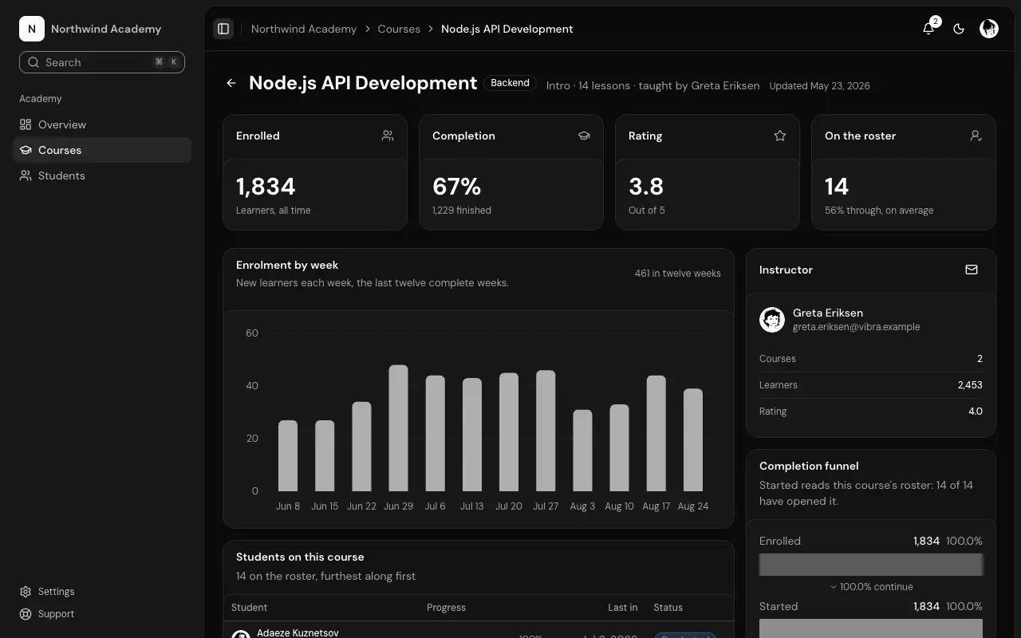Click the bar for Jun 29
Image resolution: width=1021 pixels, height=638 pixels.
pyautogui.click(x=398, y=428)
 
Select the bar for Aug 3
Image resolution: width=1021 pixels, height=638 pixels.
pyautogui.click(x=582, y=451)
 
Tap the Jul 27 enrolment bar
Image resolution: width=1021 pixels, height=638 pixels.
pyautogui.click(x=546, y=431)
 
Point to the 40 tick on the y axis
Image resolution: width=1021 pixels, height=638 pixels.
pyautogui.click(x=252, y=385)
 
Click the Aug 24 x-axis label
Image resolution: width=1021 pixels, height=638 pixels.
pyautogui.click(x=693, y=506)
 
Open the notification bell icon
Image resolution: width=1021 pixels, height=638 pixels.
pyautogui.click(x=928, y=29)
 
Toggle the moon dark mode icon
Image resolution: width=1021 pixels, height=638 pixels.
pyautogui.click(x=959, y=30)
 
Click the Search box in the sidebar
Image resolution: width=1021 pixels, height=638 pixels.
pyautogui.click(x=102, y=62)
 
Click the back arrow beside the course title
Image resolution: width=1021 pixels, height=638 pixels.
pyautogui.click(x=231, y=83)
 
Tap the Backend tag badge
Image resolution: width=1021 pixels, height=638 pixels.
pyautogui.click(x=510, y=83)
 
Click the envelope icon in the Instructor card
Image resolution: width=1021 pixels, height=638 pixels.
pyautogui.click(x=972, y=270)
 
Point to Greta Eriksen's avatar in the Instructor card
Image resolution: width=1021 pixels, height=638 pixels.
pyautogui.click(x=772, y=320)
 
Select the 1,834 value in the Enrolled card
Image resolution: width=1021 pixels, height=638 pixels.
pyautogui.click(x=266, y=187)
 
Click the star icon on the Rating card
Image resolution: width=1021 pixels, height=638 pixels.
pyautogui.click(x=780, y=136)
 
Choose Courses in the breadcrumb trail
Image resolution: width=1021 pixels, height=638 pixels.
pyautogui.click(x=399, y=29)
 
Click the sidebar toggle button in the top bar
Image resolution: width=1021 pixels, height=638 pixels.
pyautogui.click(x=223, y=29)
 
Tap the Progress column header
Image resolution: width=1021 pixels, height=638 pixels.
pyautogui.click(x=446, y=608)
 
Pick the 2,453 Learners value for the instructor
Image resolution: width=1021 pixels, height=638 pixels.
pyautogui.click(x=970, y=385)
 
